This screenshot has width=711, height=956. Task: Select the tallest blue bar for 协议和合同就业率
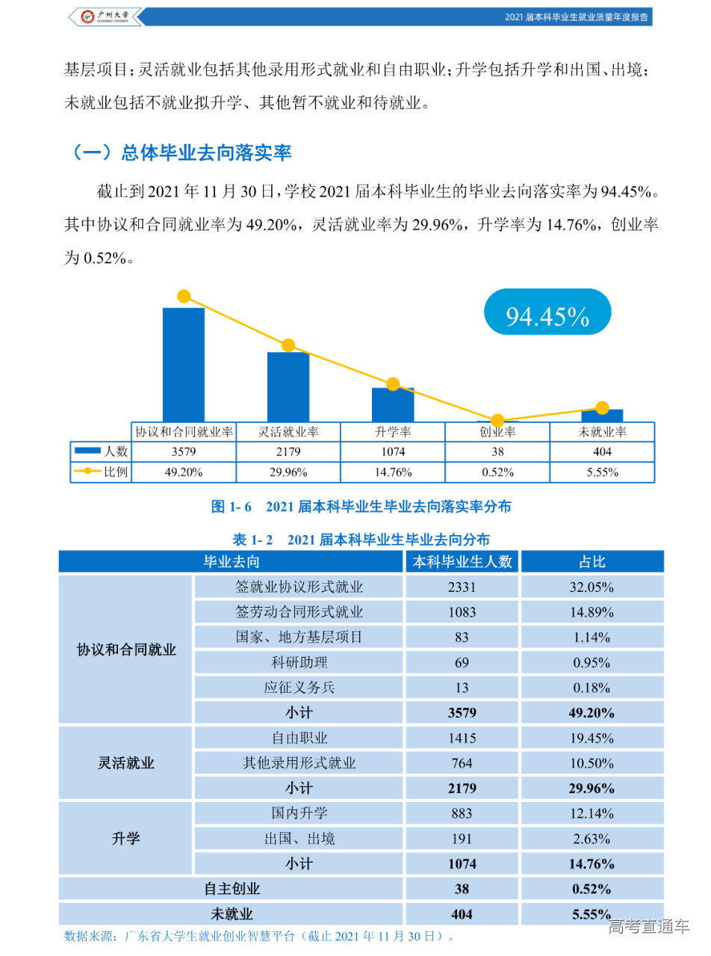coord(184,365)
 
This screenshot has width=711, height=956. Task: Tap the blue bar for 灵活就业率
coord(288,386)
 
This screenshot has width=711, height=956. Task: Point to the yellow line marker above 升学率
coord(393,384)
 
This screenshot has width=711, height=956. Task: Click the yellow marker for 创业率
coord(497,421)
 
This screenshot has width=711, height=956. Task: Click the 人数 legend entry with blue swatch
coord(101,451)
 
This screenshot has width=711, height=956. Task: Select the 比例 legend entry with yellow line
coord(101,472)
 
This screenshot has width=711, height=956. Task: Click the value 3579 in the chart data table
coord(184,451)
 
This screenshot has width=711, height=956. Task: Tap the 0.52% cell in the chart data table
coord(497,472)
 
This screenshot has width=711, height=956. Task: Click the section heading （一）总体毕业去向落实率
coord(179,152)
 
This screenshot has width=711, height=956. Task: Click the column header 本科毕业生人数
coord(462,562)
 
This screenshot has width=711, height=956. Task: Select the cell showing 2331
coord(462,587)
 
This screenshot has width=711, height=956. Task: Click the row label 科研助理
coord(299,662)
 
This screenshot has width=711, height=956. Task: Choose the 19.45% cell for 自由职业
coord(592,738)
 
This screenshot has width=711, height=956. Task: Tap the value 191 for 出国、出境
coord(462,838)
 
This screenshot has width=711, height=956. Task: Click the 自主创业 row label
coord(232,889)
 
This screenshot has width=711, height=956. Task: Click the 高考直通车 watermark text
coord(648,928)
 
